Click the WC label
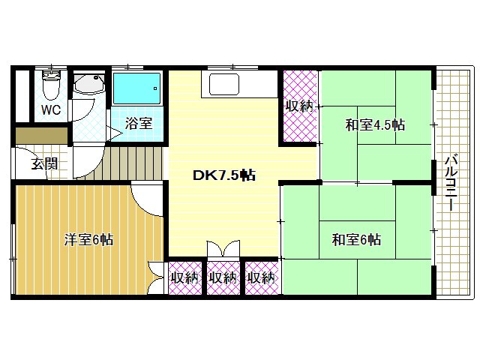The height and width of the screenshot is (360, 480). pyautogui.click(x=51, y=109)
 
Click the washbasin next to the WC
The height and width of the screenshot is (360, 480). pyautogui.click(x=90, y=86)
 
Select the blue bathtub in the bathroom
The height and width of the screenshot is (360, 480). pyautogui.click(x=137, y=88)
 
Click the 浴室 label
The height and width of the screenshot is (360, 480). pyautogui.click(x=139, y=123)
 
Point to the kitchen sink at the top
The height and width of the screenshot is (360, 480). pyautogui.click(x=223, y=84)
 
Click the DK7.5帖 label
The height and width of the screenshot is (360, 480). pyautogui.click(x=224, y=175)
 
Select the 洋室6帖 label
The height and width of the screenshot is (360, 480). pyautogui.click(x=88, y=240)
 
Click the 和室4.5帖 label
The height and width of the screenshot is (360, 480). pyautogui.click(x=375, y=124)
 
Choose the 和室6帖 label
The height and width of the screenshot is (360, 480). pyautogui.click(x=356, y=240)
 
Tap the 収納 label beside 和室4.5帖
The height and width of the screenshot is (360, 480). pyautogui.click(x=299, y=106)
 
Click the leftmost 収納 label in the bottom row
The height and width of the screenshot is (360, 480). pyautogui.click(x=184, y=277)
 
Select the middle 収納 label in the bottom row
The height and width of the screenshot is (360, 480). pyautogui.click(x=223, y=277)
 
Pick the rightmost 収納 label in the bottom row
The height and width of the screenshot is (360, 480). pyautogui.click(x=260, y=277)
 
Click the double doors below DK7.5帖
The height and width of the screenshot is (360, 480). pyautogui.click(x=223, y=250)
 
